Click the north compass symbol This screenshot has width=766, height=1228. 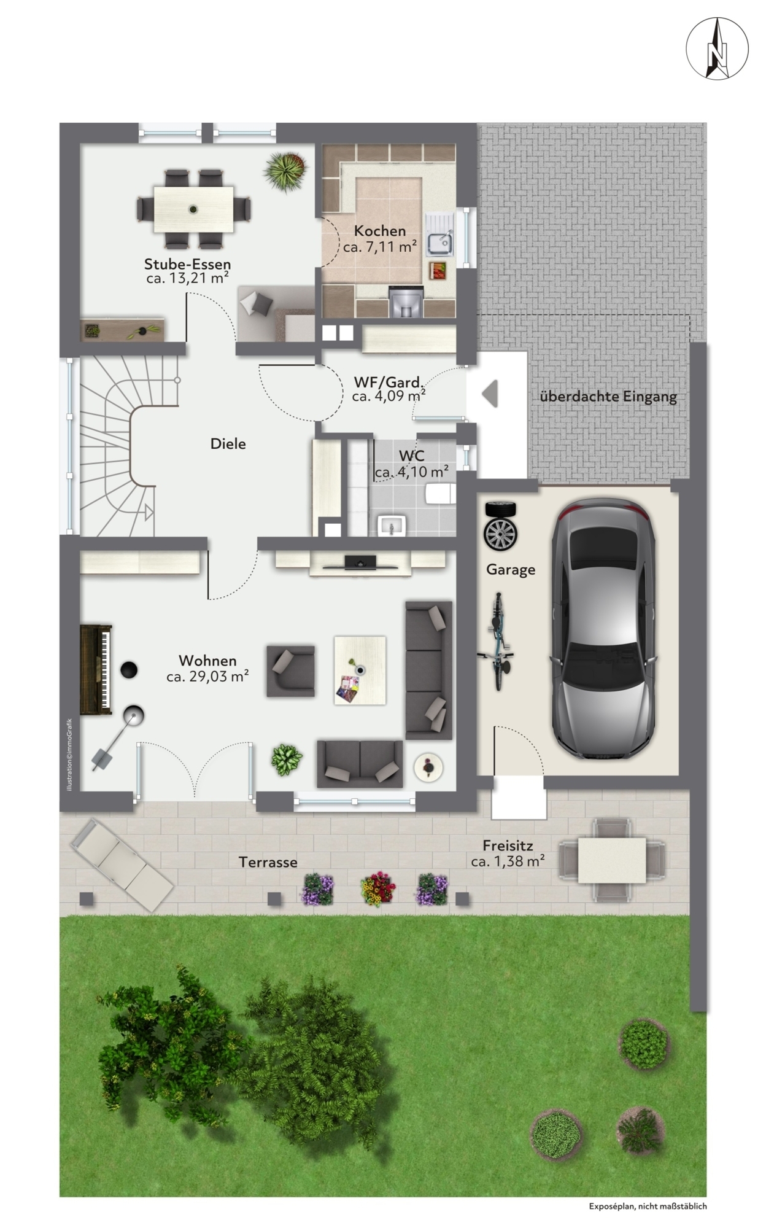[717, 49]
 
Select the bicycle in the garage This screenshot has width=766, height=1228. [498, 642]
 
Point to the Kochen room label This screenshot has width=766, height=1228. [380, 231]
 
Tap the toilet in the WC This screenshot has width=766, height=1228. [441, 492]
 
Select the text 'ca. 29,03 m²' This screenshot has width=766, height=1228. [207, 677]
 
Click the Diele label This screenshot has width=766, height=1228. [228, 443]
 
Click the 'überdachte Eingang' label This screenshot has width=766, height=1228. [608, 397]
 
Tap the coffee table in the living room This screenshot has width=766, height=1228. [360, 670]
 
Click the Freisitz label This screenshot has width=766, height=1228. [508, 845]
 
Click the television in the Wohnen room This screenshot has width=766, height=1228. [360, 562]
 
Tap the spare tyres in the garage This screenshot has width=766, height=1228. [500, 526]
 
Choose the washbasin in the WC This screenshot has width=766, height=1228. [392, 526]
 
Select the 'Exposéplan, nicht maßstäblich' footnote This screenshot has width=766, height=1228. [648, 1206]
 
